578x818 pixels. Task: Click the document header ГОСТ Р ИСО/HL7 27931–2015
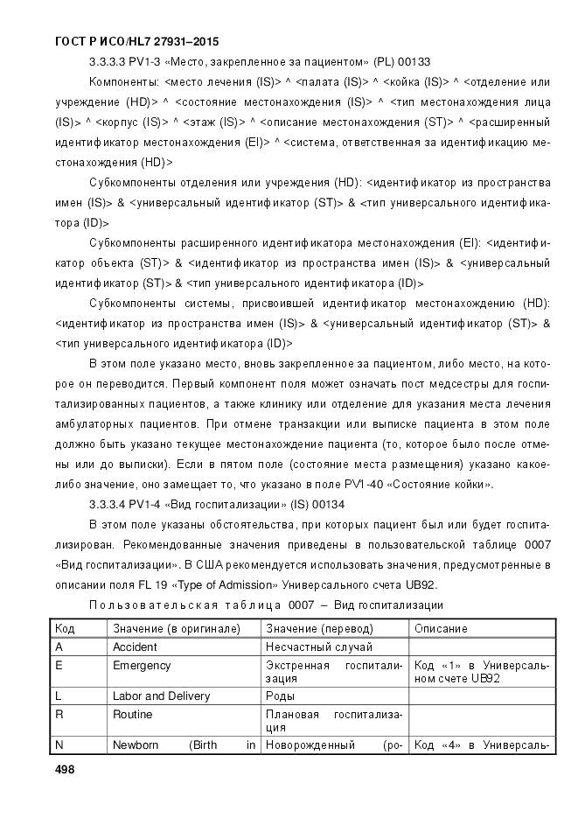[124, 41]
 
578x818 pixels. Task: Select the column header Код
[65, 628]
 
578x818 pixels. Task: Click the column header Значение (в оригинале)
[176, 628]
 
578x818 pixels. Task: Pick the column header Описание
[441, 628]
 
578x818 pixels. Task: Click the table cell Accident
[135, 647]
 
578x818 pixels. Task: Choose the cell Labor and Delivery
[161, 696]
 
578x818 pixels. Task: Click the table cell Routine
[132, 715]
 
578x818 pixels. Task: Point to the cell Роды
[280, 696]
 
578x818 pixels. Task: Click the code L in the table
[59, 696]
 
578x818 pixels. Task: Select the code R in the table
[59, 715]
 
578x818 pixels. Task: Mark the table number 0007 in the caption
[303, 605]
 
